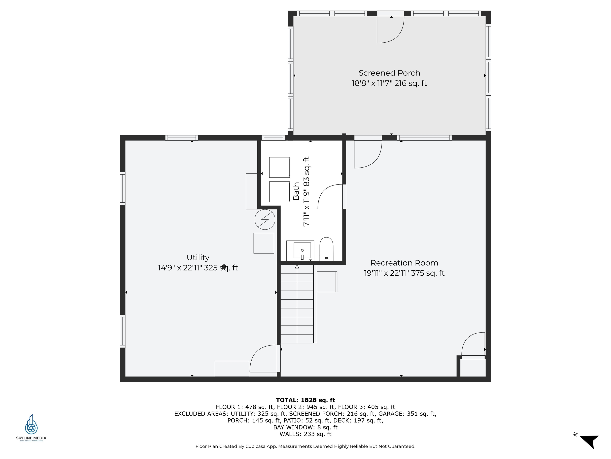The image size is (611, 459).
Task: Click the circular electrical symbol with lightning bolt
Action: (265, 219)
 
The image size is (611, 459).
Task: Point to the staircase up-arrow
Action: (297, 267)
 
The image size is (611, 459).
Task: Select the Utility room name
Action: (198, 258)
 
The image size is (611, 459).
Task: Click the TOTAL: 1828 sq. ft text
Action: (305, 400)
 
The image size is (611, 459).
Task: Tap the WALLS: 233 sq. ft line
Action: (305, 434)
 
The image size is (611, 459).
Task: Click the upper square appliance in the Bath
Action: (279, 167)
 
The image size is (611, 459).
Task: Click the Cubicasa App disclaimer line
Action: (305, 446)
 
